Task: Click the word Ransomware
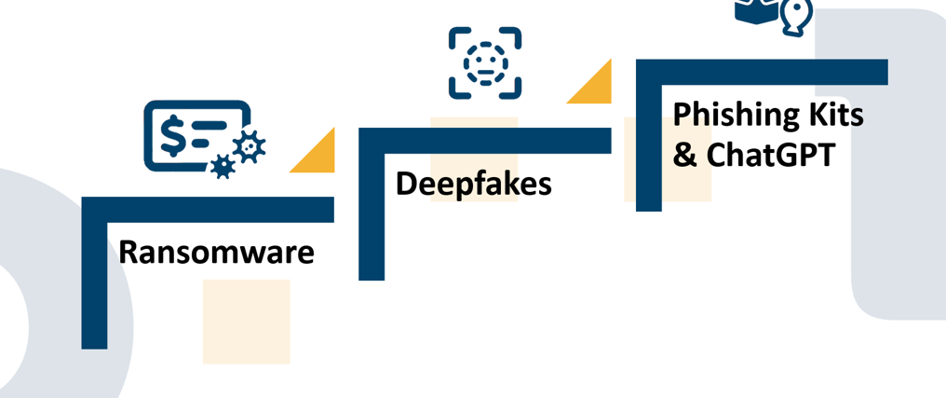tap(216, 252)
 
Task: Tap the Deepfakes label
tap(473, 184)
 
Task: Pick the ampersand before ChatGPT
tap(684, 155)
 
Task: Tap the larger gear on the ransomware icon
tap(249, 147)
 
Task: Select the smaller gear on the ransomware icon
tap(223, 167)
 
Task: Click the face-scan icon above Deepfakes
tap(484, 62)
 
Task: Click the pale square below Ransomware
tap(246, 322)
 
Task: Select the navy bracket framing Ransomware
tap(95, 280)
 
